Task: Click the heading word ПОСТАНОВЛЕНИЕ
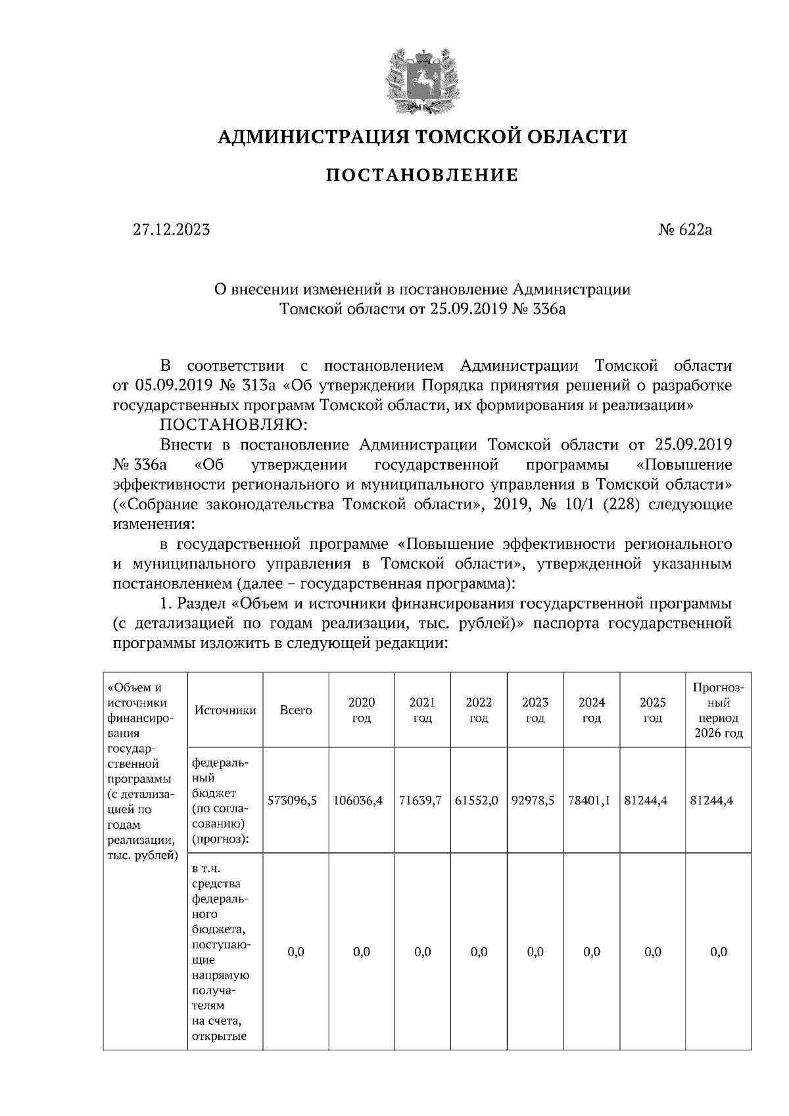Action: [422, 175]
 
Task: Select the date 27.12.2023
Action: [172, 229]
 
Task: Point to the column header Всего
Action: [296, 710]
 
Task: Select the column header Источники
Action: [225, 710]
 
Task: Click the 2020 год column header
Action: [362, 710]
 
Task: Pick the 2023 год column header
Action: [535, 710]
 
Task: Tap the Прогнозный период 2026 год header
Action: [718, 710]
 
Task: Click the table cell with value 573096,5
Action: [293, 801]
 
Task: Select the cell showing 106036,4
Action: [358, 801]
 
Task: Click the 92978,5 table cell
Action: [534, 801]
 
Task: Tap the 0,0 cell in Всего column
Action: [296, 952]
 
